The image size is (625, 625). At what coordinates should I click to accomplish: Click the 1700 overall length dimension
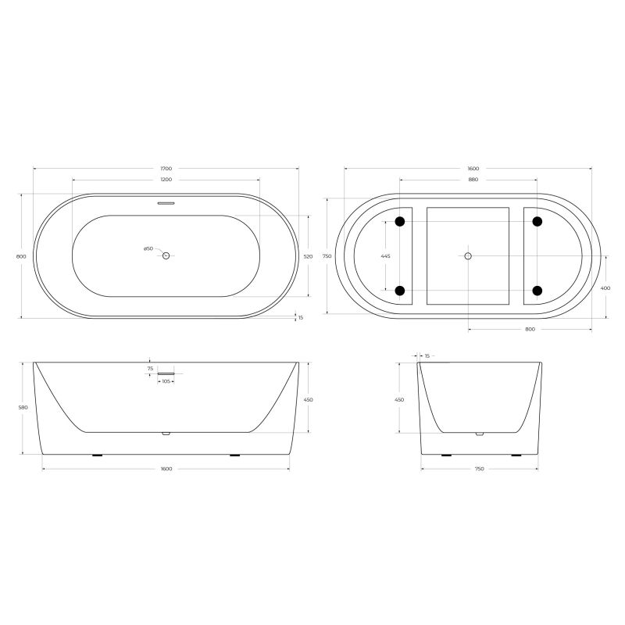pyautogui.click(x=166, y=169)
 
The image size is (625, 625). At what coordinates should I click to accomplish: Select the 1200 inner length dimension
pyautogui.click(x=166, y=180)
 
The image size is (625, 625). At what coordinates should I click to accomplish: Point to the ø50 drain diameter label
pyautogui.click(x=148, y=248)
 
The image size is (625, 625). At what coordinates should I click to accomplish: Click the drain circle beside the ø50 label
pyautogui.click(x=166, y=255)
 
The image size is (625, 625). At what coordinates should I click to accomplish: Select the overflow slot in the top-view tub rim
pyautogui.click(x=166, y=202)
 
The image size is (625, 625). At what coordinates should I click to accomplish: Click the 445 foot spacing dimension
pyautogui.click(x=384, y=256)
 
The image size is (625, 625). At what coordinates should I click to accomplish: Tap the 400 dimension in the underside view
pyautogui.click(x=606, y=287)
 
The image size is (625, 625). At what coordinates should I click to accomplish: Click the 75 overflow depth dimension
pyautogui.click(x=150, y=369)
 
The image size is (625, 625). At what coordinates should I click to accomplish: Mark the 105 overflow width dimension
pyautogui.click(x=166, y=381)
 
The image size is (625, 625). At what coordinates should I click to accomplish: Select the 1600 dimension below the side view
pyautogui.click(x=166, y=469)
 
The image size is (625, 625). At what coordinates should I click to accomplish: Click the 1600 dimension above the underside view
pyautogui.click(x=473, y=169)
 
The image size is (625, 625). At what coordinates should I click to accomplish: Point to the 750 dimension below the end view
pyautogui.click(x=479, y=469)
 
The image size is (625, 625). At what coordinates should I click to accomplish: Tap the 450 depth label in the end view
pyautogui.click(x=399, y=399)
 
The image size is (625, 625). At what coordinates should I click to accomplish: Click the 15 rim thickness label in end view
pyautogui.click(x=427, y=356)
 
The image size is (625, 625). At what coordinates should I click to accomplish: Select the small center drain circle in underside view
pyautogui.click(x=468, y=255)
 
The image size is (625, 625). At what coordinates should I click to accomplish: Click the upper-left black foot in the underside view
pyautogui.click(x=400, y=222)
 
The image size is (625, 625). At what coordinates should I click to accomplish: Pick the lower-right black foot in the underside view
pyautogui.click(x=537, y=291)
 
